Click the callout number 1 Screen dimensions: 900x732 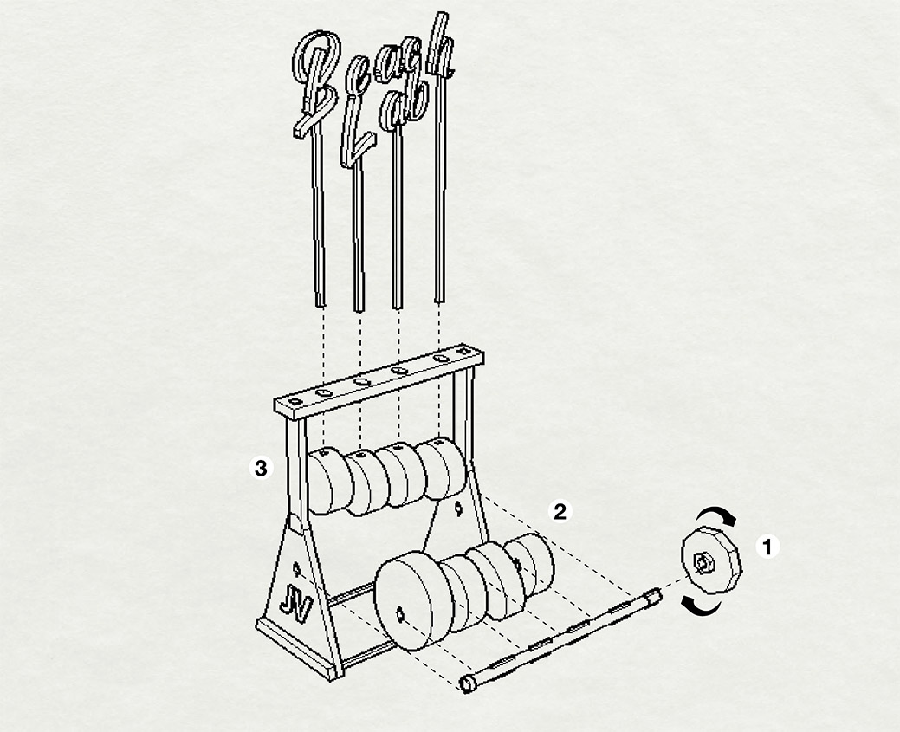(767, 547)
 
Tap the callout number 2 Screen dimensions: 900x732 (559, 512)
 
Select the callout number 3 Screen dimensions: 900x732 (261, 469)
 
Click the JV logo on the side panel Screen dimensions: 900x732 (296, 606)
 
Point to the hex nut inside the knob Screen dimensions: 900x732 (703, 562)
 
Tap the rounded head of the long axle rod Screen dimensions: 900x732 (469, 683)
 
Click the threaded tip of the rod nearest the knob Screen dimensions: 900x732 (654, 596)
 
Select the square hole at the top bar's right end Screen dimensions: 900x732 (463, 351)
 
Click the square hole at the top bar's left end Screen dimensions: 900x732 (295, 401)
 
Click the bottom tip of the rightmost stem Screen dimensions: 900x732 (439, 301)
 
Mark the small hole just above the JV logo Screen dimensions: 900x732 (296, 569)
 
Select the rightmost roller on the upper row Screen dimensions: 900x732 (441, 467)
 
